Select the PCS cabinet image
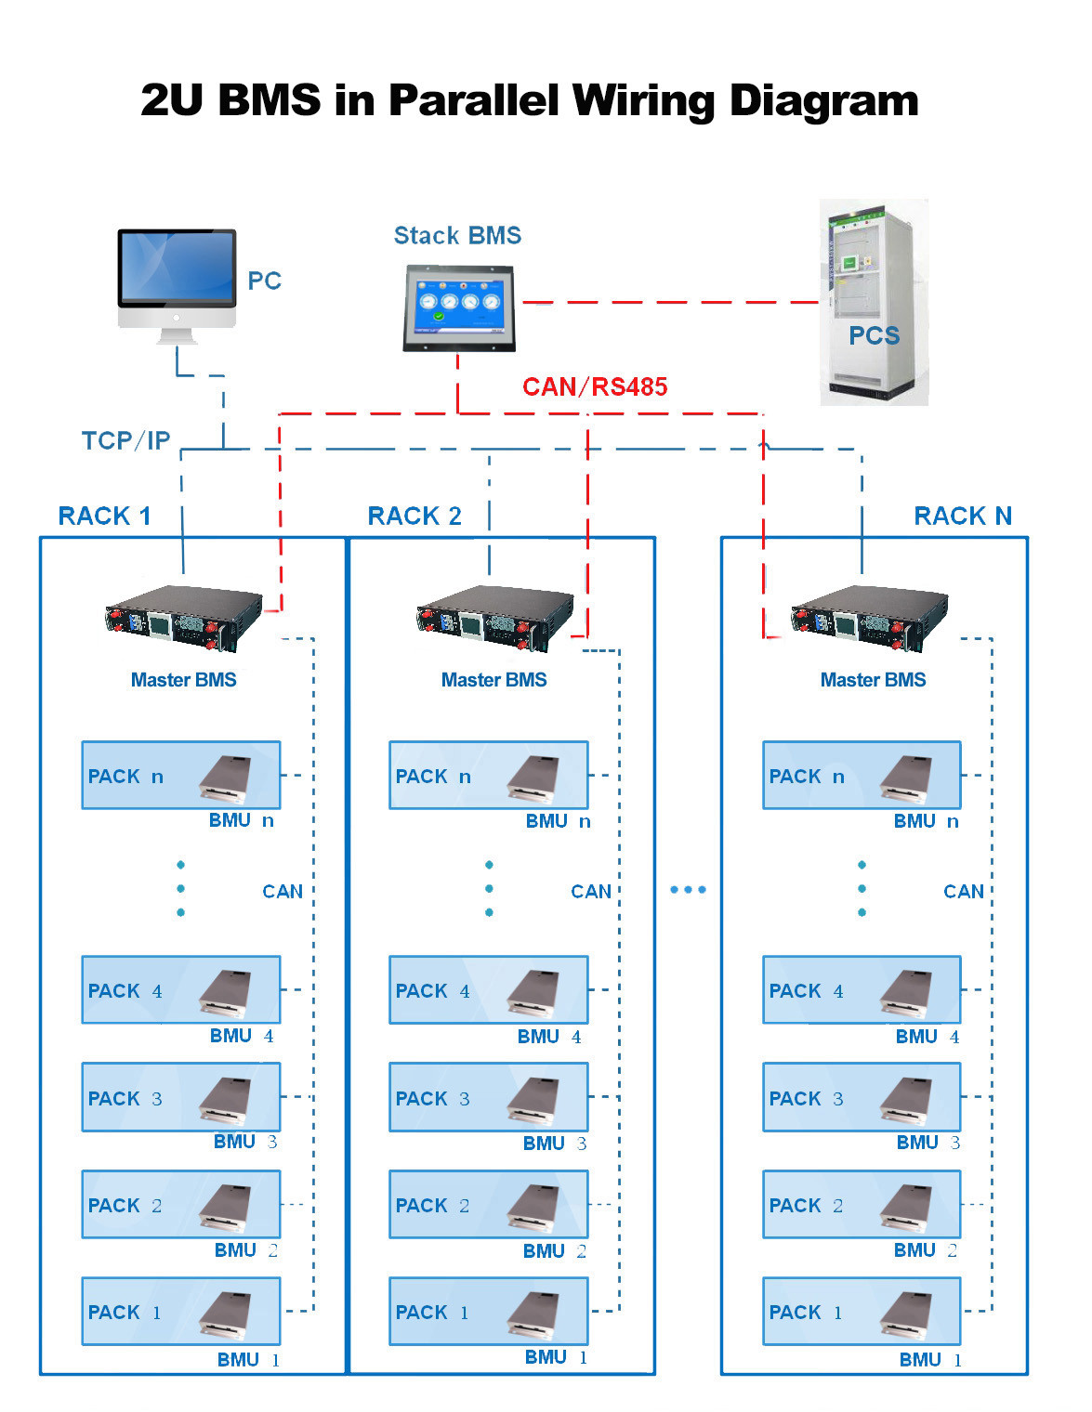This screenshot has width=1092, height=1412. [873, 302]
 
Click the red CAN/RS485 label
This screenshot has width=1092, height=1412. [595, 386]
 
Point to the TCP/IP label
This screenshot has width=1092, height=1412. [125, 440]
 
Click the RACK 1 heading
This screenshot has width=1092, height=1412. [104, 516]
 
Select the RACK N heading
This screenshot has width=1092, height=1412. [963, 516]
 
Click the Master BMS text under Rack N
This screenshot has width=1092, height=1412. [873, 680]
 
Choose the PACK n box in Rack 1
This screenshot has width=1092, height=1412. [181, 776]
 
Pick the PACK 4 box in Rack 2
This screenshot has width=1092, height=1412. [489, 990]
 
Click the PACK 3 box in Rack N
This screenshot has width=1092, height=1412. [862, 1098]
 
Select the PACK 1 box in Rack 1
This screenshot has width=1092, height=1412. [181, 1312]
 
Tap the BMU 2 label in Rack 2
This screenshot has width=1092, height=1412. [554, 1251]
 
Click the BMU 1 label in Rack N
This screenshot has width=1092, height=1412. [930, 1360]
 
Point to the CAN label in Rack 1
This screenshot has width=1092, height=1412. [283, 892]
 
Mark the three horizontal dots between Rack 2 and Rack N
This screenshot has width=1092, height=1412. [688, 890]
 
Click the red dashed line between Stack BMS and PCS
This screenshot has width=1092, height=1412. [669, 302]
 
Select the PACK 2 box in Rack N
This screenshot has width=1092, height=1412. [862, 1205]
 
